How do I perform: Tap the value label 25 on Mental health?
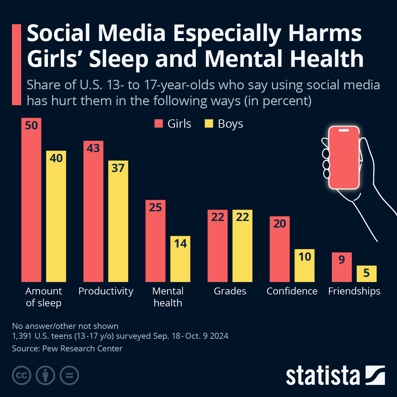point(155,207)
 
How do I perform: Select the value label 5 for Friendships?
point(366,273)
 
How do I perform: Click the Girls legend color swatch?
point(159,124)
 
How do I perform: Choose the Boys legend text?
point(230,124)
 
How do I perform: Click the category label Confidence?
point(292,291)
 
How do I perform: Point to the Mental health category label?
point(168,297)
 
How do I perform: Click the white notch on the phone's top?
point(344,130)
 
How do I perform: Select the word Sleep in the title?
point(119,59)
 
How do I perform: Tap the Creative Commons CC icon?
point(22,375)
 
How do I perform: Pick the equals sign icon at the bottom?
point(69,375)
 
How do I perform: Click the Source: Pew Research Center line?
point(67,348)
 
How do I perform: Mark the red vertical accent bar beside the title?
point(16,65)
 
